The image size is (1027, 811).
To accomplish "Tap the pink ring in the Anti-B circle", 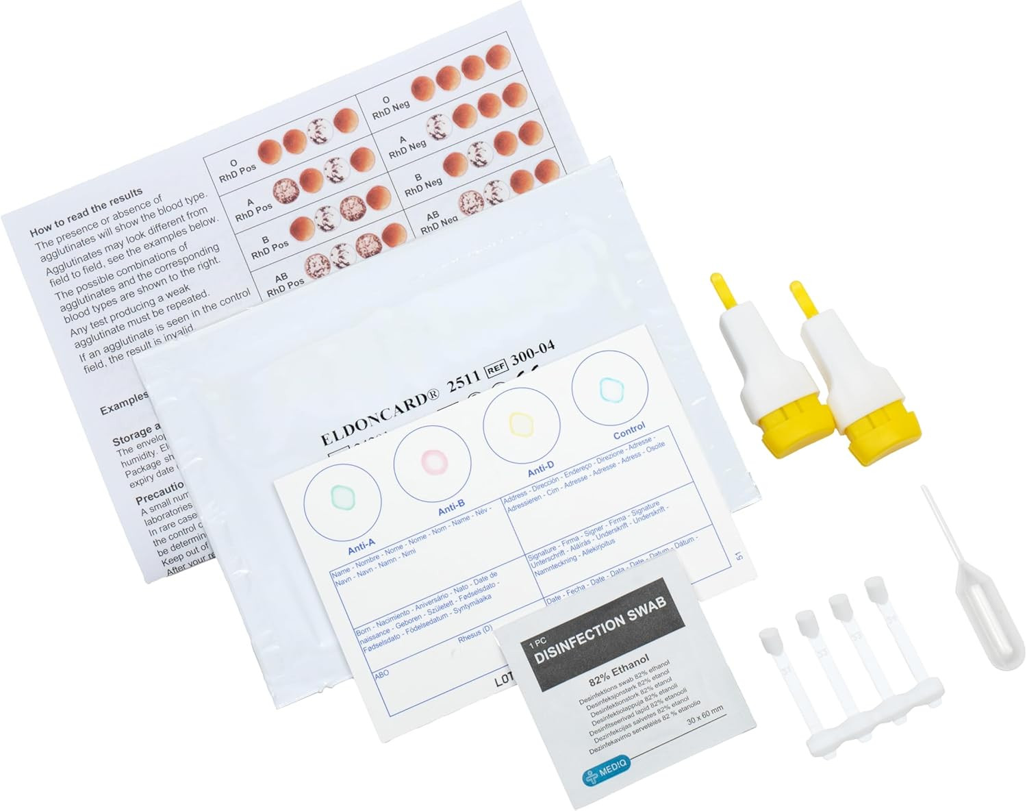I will click(x=433, y=460).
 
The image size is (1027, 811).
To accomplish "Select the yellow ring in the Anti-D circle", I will click(x=520, y=423).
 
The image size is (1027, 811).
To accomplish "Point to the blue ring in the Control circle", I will click(x=609, y=388).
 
